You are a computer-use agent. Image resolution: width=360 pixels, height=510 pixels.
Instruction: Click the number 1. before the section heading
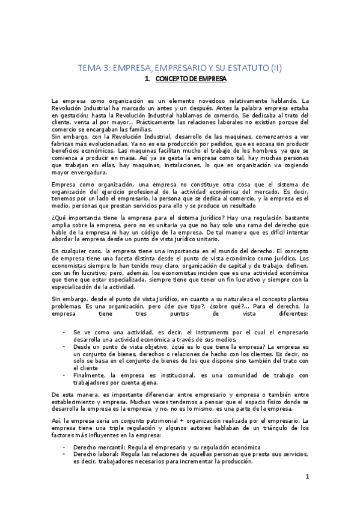click(148, 79)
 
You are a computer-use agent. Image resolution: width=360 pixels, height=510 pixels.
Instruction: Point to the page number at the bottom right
click(307, 478)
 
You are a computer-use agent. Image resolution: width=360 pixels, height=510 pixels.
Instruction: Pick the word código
click(196, 231)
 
